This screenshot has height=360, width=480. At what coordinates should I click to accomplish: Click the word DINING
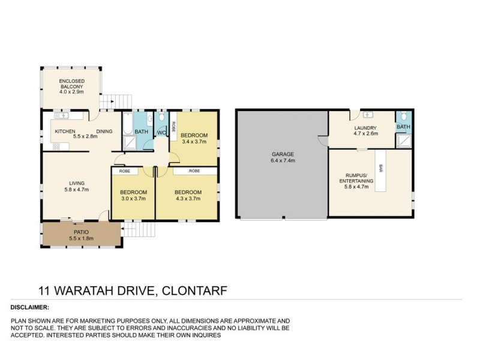pos(104,131)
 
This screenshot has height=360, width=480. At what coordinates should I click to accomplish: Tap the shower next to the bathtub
pos(130,143)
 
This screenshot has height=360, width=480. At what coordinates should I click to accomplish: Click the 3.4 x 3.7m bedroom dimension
pos(194,142)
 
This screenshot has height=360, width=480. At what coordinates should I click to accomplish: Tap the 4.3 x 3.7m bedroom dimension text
pos(188,199)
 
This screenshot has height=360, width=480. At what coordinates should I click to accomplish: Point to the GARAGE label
pos(283,154)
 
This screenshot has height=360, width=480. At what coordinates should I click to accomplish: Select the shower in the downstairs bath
pos(403,140)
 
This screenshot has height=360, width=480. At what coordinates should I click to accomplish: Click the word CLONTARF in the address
pos(197,292)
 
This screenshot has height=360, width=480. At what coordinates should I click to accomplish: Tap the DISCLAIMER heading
pos(30,307)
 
